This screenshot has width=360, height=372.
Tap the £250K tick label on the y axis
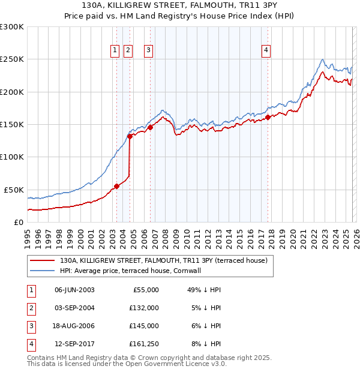(12, 59)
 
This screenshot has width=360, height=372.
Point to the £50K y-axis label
(14, 190)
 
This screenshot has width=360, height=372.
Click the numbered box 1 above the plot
(115, 51)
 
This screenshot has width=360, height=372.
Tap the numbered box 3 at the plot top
(148, 51)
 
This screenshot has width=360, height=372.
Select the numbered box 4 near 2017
(265, 51)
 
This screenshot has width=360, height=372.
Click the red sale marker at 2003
(116, 186)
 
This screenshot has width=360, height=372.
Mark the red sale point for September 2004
(130, 136)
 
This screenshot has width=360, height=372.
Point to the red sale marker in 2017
(268, 117)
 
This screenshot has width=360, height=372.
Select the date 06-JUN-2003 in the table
(74, 290)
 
